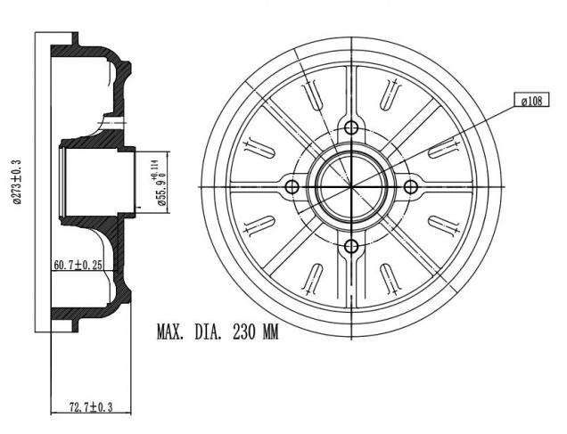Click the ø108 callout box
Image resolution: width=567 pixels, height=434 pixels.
pos(531,100)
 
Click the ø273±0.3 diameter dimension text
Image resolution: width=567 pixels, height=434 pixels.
pos(17,182)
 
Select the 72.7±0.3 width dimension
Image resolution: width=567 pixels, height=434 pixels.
pos(91,407)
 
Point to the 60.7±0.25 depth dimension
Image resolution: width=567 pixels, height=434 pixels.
pos(78,265)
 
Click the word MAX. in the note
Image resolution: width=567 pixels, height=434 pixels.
pos(170,331)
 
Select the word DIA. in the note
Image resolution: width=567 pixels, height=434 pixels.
pos(209,331)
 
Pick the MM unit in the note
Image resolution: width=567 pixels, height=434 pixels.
pos(270,331)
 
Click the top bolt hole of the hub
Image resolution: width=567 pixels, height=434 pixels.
pos(351,127)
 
